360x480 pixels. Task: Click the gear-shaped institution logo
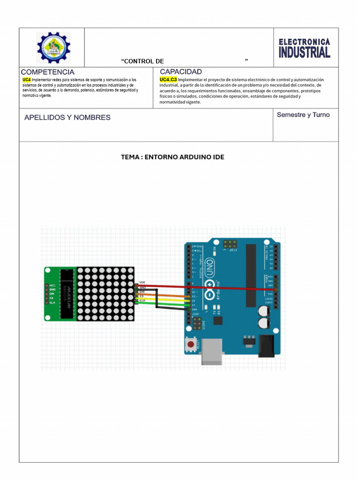click(x=53, y=47)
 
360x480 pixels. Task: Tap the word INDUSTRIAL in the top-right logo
click(x=304, y=52)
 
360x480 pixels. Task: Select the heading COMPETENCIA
click(x=47, y=72)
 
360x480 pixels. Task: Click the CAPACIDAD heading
click(x=181, y=72)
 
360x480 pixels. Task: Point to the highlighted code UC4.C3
click(x=168, y=80)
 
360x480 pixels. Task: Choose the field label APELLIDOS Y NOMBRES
click(x=67, y=118)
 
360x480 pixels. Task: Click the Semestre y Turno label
click(x=303, y=115)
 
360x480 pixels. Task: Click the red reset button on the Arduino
click(x=190, y=345)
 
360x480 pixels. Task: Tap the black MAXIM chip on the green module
click(x=68, y=293)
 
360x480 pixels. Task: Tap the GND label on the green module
click(x=52, y=290)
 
